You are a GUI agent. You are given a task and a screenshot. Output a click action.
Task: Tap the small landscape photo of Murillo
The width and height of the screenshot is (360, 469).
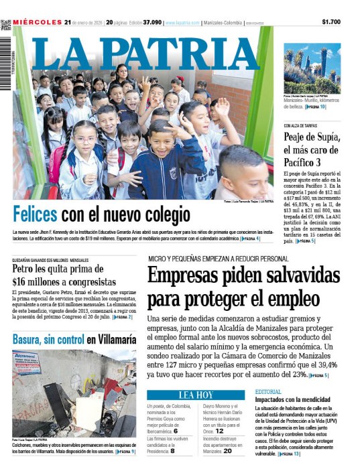pos(312,69)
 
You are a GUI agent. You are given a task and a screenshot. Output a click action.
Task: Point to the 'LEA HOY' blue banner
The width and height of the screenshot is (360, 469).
pos(196,394)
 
